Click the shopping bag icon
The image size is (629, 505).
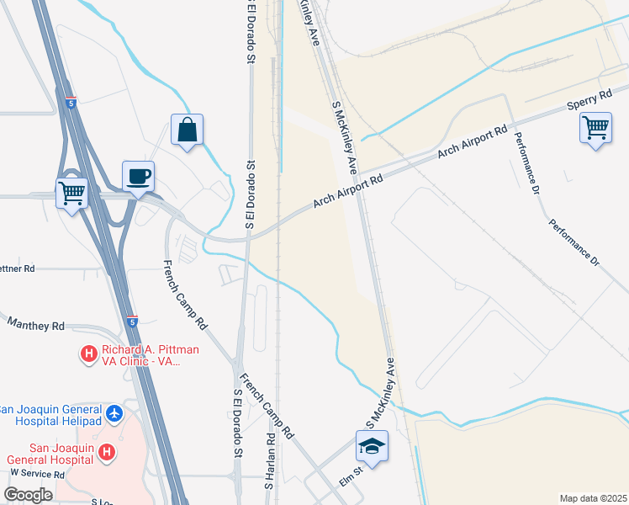pos(187,130)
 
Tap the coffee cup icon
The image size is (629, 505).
pos(139,177)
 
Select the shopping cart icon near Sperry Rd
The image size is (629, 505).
pos(595,129)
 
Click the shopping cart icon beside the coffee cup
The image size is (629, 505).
pos(71,193)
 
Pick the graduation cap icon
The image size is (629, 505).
pos(371,445)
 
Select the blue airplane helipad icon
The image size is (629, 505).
pos(115,415)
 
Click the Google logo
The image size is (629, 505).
pos(29,495)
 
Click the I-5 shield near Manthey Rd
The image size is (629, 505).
pos(132,321)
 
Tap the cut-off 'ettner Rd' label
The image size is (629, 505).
pos(17,268)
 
